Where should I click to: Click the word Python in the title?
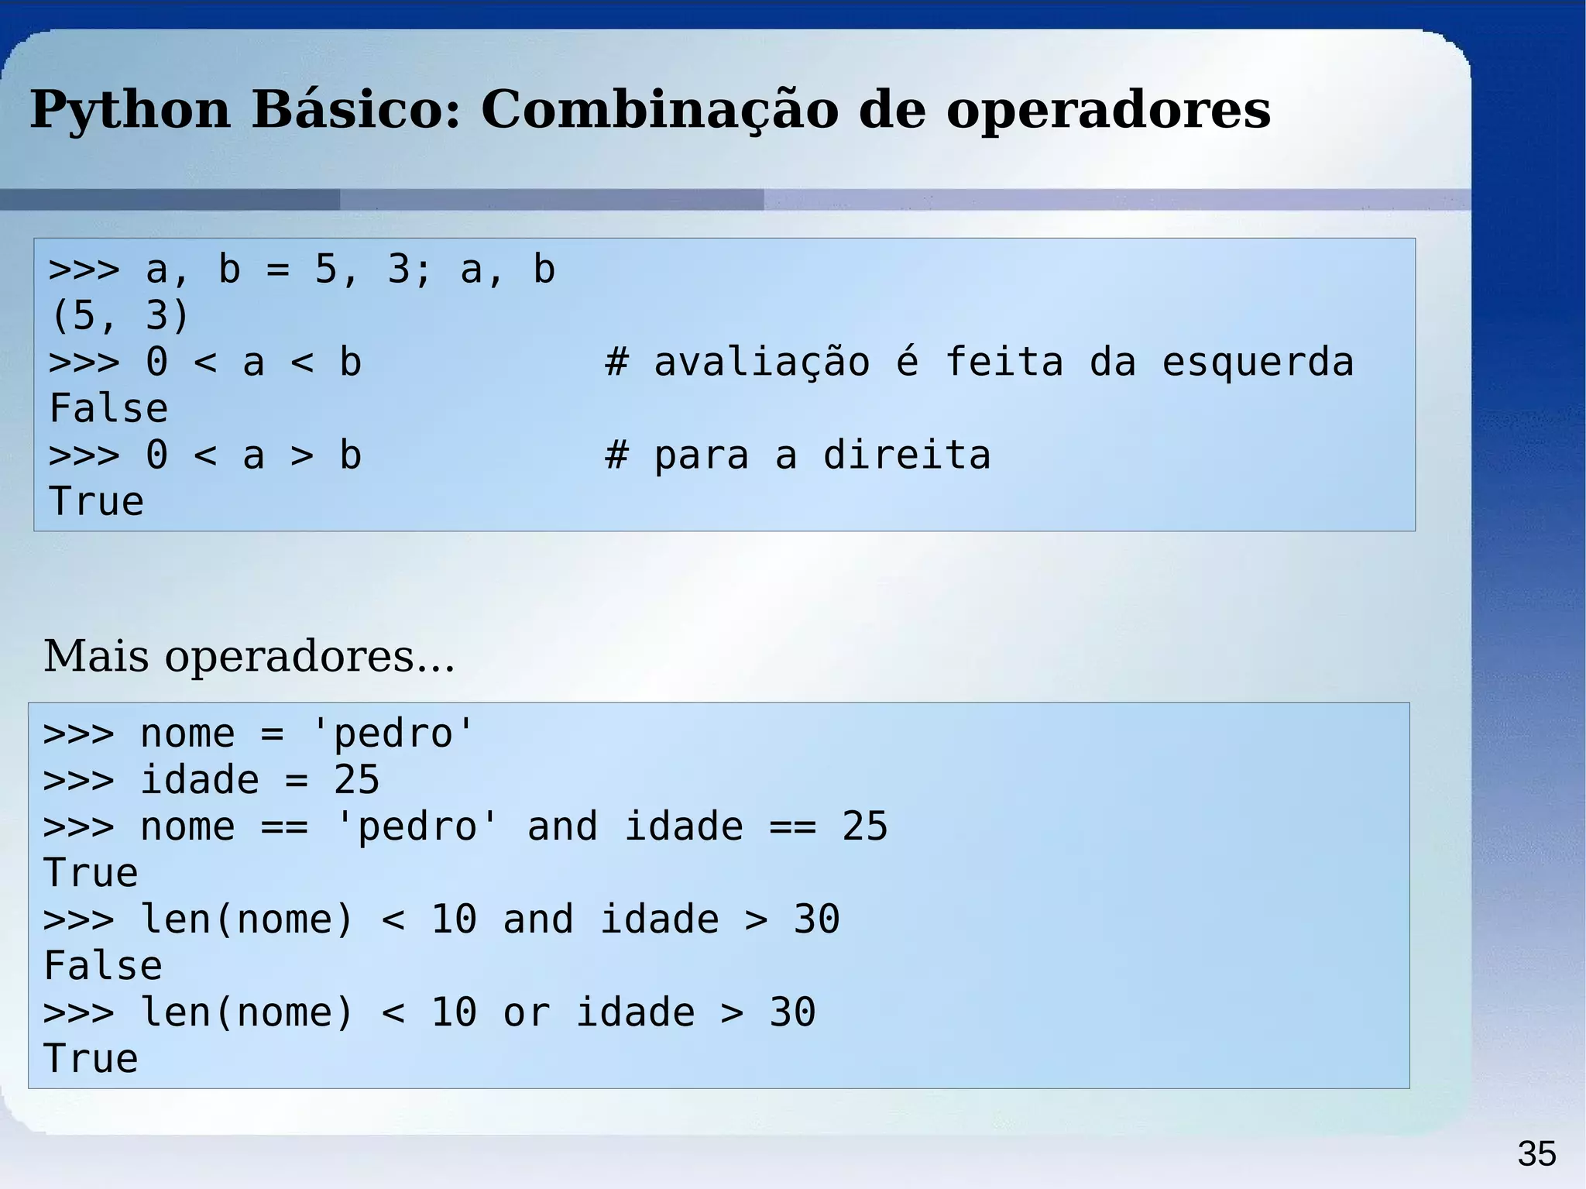(130, 110)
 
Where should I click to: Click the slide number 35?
(1536, 1154)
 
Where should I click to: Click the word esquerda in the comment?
(1258, 363)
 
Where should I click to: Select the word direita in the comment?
(906, 455)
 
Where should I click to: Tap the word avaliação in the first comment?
(762, 363)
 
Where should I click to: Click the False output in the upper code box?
(108, 409)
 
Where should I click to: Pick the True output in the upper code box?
(96, 502)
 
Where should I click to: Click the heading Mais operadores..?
(249, 656)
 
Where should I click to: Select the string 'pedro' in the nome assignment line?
(392, 734)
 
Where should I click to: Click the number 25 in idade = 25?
(356, 780)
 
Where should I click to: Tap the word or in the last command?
(526, 1012)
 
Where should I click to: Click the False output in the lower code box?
(103, 966)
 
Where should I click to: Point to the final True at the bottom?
(91, 1059)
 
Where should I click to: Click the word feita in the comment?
(1004, 363)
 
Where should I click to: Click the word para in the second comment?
(701, 455)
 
